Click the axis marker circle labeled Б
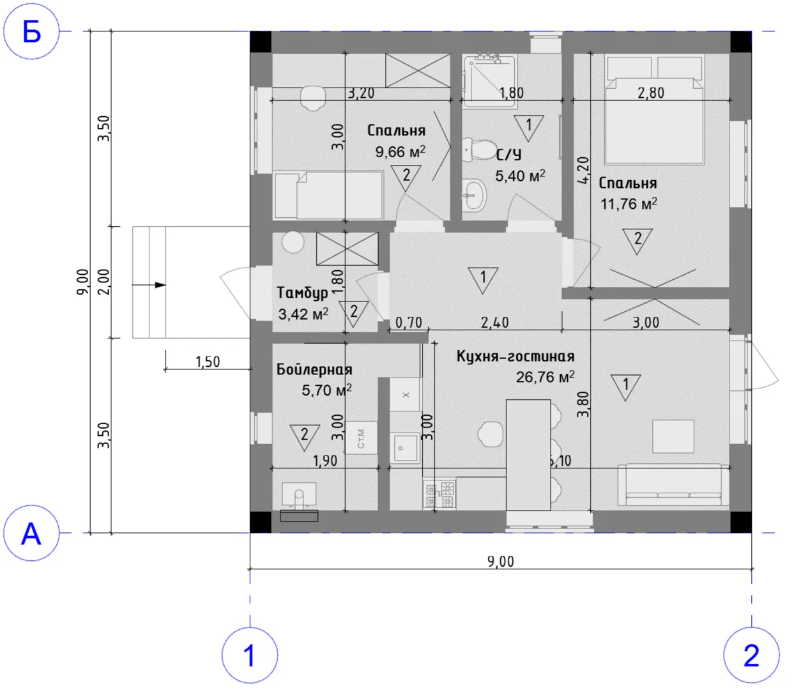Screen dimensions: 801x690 (31, 31)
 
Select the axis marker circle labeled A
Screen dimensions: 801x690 (31, 533)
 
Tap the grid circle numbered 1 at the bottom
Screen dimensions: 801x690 (250, 655)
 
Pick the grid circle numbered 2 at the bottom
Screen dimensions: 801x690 (751, 655)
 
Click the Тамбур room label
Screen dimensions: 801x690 (302, 293)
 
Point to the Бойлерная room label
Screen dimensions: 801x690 (314, 369)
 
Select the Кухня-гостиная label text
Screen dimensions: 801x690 (515, 356)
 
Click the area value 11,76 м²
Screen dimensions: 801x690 (629, 204)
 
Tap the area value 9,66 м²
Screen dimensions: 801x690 (400, 151)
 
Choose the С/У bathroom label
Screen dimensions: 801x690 (509, 155)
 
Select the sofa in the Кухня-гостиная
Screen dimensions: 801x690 (673, 485)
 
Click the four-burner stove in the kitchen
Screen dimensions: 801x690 (439, 494)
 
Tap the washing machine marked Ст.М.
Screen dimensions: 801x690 (361, 438)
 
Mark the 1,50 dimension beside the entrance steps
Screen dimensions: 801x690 (208, 362)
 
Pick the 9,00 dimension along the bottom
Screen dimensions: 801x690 (501, 562)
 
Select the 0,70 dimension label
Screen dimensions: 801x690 (408, 323)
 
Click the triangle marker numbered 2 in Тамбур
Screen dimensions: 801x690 (353, 312)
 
